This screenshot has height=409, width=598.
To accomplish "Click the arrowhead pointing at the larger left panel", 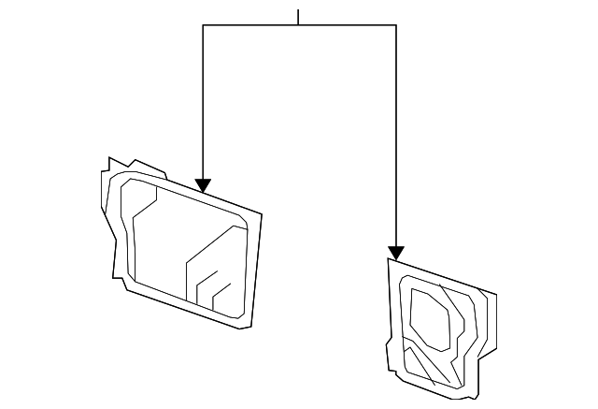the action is [203, 185].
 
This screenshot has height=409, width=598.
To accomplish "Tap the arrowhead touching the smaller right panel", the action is [396, 253].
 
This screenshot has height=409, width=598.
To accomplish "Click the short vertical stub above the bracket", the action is [298, 17].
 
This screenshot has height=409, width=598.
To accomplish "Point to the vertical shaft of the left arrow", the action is [203, 103].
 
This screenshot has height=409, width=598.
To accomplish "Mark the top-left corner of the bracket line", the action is [203, 25].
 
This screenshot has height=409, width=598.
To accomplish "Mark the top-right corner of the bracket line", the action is [396, 25].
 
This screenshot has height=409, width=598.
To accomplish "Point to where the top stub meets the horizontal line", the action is [298, 25].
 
